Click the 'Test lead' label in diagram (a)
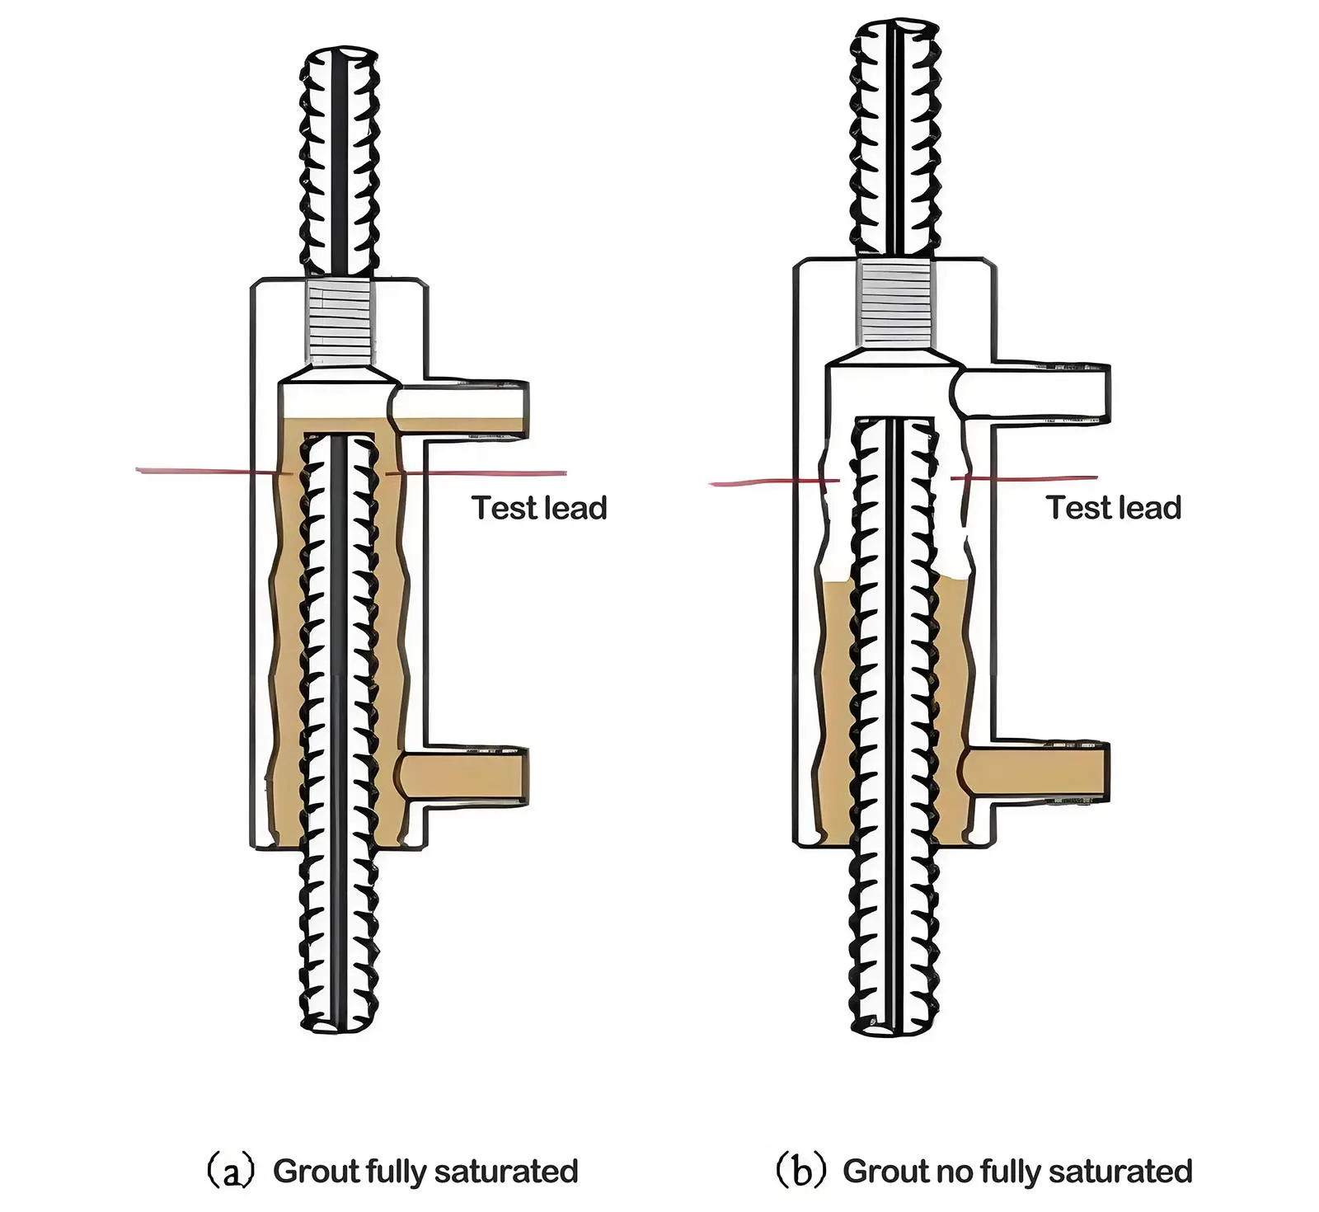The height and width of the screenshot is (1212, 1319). coord(539,508)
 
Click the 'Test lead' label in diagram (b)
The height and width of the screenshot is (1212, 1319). coord(1113,508)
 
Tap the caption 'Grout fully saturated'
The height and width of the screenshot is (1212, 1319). coord(425,1171)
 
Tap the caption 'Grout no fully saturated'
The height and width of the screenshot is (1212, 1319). coord(1017,1171)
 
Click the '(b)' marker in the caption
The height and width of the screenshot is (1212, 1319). coord(800,1172)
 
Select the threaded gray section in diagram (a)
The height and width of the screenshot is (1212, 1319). coord(340,323)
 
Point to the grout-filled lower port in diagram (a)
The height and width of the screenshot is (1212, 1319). coord(466,777)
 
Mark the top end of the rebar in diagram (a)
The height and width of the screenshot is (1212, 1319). coord(340,59)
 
